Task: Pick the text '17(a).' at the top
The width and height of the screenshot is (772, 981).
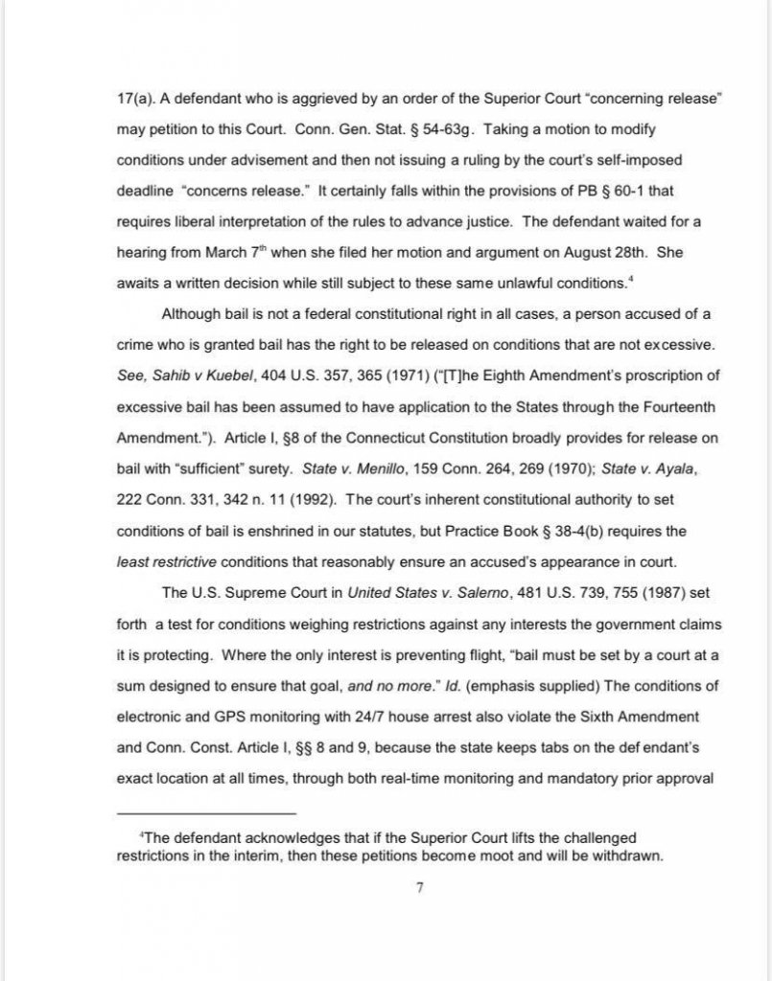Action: [x=135, y=98]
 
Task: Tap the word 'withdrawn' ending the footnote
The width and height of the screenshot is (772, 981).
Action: [x=627, y=856]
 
